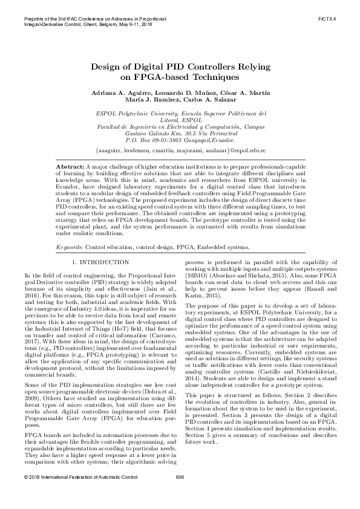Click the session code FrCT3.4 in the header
point(344,19)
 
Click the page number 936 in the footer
point(180,494)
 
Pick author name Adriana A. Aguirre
point(119,92)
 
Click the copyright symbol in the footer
point(22,494)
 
